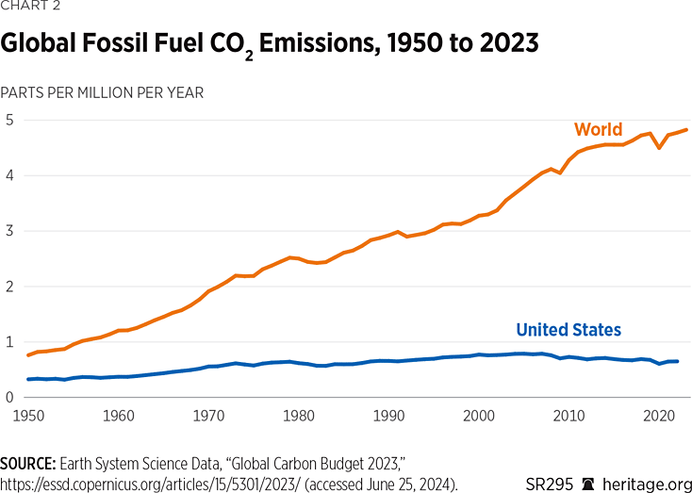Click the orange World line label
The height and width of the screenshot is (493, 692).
pos(599,129)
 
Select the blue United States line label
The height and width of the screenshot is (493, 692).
pos(568,329)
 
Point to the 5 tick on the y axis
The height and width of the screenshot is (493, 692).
pos(8,120)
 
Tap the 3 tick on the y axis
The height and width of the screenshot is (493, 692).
pos(8,231)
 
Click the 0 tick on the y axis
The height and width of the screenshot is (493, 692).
pos(8,397)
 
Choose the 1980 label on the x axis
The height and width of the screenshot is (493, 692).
pos(299,414)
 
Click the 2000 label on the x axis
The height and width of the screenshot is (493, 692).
pos(479,414)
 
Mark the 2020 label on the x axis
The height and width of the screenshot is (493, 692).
pos(659,414)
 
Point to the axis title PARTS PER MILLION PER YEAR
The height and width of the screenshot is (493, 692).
pos(102,92)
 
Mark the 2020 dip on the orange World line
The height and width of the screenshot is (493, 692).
pos(659,148)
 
